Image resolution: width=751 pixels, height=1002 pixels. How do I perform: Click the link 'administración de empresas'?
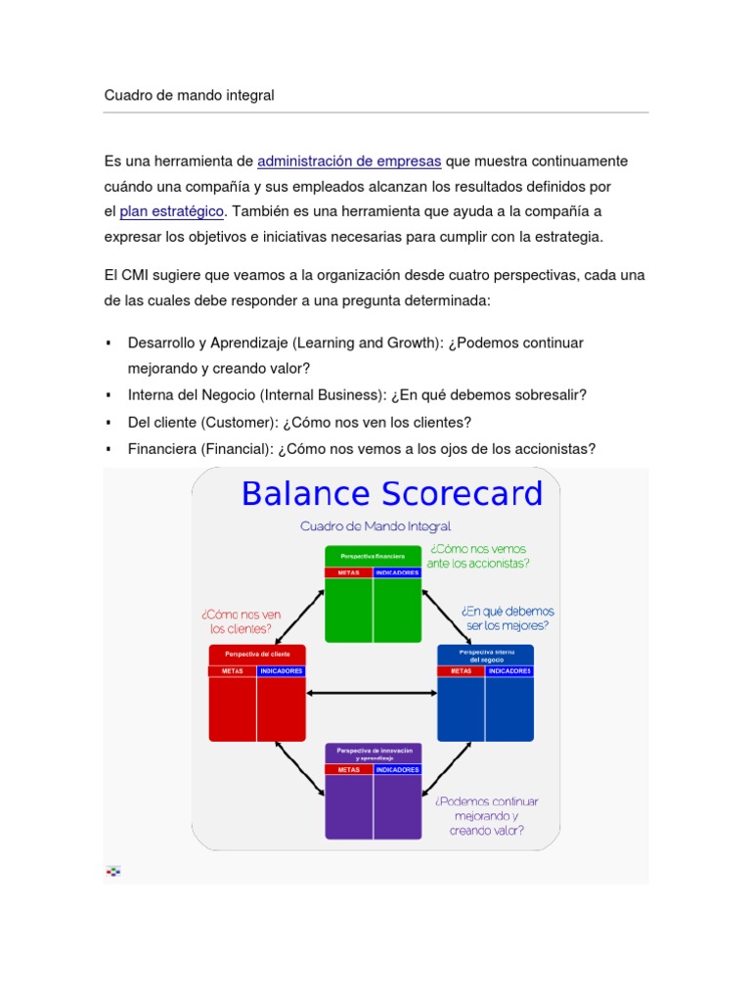click(349, 160)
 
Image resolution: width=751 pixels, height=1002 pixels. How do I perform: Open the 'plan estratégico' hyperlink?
click(172, 210)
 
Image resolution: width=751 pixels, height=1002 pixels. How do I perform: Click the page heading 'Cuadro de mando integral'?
click(190, 96)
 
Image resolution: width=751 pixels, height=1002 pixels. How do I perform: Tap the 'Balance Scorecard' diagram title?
click(391, 493)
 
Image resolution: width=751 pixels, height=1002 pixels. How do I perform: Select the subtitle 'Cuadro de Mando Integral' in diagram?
click(375, 526)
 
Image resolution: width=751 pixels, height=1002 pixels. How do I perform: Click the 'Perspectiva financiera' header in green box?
click(372, 556)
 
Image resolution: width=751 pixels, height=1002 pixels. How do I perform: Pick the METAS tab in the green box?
click(348, 572)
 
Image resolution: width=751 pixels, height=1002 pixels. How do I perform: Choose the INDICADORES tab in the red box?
click(281, 671)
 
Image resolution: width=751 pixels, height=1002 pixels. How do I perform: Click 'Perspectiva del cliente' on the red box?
click(257, 653)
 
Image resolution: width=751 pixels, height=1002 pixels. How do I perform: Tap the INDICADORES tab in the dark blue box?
click(509, 671)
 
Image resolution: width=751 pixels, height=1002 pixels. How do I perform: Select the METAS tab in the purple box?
click(349, 769)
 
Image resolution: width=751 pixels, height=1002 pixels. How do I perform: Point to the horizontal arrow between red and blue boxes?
click(372, 694)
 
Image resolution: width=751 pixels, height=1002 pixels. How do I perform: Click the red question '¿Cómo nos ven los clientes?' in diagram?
click(241, 621)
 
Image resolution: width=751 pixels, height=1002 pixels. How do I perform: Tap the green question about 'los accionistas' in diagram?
click(478, 556)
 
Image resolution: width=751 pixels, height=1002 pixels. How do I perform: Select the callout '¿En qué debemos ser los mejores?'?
click(505, 616)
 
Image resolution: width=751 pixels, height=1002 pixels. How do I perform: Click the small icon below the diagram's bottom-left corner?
click(113, 870)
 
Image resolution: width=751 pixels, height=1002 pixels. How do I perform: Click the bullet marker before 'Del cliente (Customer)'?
click(109, 423)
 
